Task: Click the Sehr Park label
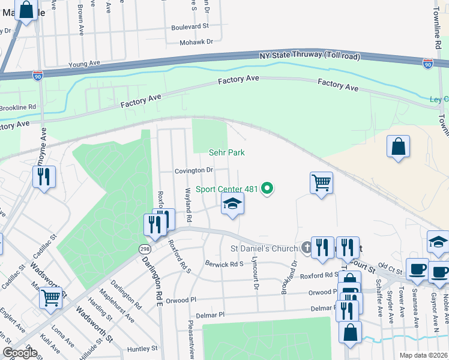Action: (x=227, y=153)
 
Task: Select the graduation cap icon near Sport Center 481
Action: (x=233, y=204)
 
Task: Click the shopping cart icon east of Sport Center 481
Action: (x=321, y=181)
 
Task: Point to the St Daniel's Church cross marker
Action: (x=306, y=248)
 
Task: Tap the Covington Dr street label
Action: (x=194, y=170)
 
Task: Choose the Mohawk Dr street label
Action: (x=197, y=42)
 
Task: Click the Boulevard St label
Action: (x=190, y=26)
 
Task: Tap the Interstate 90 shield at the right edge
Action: (x=427, y=62)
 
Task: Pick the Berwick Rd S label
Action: (x=224, y=263)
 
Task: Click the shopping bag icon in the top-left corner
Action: (x=26, y=10)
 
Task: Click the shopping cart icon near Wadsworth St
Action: (x=51, y=296)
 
